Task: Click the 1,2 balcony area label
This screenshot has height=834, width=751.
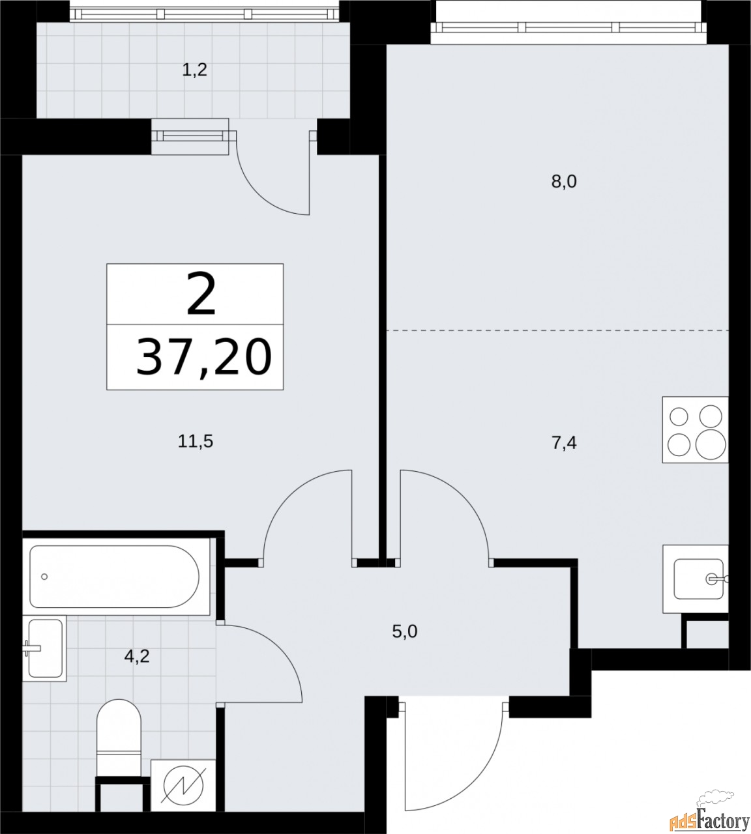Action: tap(194, 70)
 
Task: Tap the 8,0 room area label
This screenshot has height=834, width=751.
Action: tap(564, 182)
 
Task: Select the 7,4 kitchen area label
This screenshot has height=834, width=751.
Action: tap(564, 444)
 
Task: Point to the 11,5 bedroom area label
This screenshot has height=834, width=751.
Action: tap(196, 442)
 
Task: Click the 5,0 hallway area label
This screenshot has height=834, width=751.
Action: tap(404, 631)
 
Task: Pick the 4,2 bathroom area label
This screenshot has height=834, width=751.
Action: tap(137, 655)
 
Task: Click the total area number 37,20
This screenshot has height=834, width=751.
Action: tap(202, 359)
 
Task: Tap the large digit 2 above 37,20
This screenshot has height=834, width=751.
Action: tap(201, 295)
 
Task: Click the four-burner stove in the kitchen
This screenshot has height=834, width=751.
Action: tap(695, 430)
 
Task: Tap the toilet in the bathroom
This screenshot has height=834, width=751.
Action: tap(119, 730)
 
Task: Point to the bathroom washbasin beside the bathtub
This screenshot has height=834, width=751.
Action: tap(46, 649)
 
